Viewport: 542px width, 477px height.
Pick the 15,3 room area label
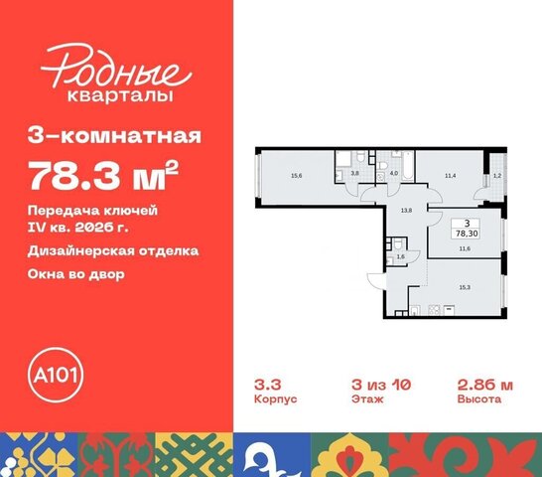465,285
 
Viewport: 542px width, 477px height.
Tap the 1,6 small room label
398,256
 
